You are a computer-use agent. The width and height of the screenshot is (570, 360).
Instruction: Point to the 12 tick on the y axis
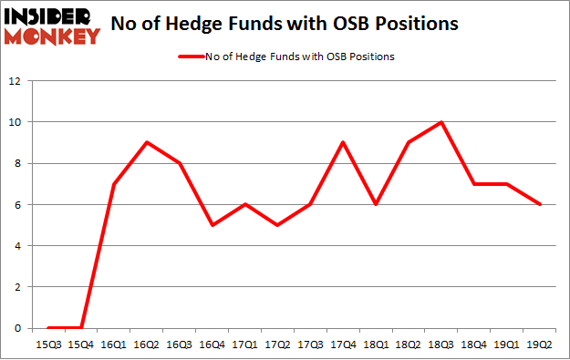pos(16,80)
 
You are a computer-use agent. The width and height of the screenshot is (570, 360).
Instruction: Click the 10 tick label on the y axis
pos(16,122)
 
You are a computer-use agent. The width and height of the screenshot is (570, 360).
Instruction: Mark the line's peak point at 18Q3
pos(440,122)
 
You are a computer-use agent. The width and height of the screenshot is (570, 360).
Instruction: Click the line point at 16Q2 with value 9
pos(147,142)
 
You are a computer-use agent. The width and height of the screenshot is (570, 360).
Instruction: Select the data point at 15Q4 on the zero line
pos(81,327)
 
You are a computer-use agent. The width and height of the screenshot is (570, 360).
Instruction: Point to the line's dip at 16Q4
pos(212,224)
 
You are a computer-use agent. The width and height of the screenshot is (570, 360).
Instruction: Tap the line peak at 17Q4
pos(342,142)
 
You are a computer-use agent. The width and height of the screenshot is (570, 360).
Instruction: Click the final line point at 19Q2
pos(538,204)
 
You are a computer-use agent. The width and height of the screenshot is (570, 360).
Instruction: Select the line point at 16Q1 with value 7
pos(114,183)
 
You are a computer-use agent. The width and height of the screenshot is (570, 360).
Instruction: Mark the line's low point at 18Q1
pos(375,204)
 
